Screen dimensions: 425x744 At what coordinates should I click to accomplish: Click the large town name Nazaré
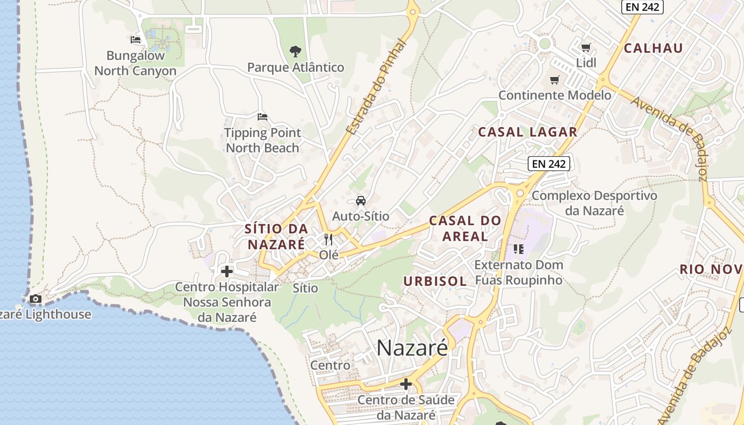(x=412, y=348)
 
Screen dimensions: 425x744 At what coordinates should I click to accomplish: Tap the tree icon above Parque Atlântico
(x=295, y=52)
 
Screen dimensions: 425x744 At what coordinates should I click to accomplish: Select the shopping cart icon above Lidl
(x=586, y=48)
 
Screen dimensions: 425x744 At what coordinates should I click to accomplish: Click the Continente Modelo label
(x=555, y=95)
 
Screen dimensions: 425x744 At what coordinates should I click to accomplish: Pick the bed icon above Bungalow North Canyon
(x=136, y=39)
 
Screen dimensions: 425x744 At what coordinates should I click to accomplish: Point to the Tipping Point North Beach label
(x=263, y=140)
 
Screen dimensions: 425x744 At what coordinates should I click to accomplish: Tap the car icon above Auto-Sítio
(x=361, y=201)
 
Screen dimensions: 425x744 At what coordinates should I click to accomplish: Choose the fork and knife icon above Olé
(x=328, y=240)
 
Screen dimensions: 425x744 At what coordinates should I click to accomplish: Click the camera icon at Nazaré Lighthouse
(x=36, y=299)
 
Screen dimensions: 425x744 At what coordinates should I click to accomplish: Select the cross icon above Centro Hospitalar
(x=227, y=271)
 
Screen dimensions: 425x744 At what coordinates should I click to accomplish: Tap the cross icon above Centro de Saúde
(x=406, y=384)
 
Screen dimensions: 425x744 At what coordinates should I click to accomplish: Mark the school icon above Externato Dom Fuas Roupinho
(x=518, y=249)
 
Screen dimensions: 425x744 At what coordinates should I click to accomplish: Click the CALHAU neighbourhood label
(x=653, y=48)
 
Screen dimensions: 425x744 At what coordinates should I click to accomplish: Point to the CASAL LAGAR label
(x=527, y=132)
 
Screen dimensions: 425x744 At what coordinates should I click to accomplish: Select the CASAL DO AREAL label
(x=465, y=228)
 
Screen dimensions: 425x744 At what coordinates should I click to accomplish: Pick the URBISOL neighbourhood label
(x=435, y=281)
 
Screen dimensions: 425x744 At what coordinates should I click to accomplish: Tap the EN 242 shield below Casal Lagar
(x=549, y=164)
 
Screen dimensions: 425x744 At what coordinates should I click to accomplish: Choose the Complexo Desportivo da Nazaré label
(x=594, y=203)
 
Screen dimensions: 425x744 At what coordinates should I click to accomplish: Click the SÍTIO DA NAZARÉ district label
(x=276, y=236)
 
